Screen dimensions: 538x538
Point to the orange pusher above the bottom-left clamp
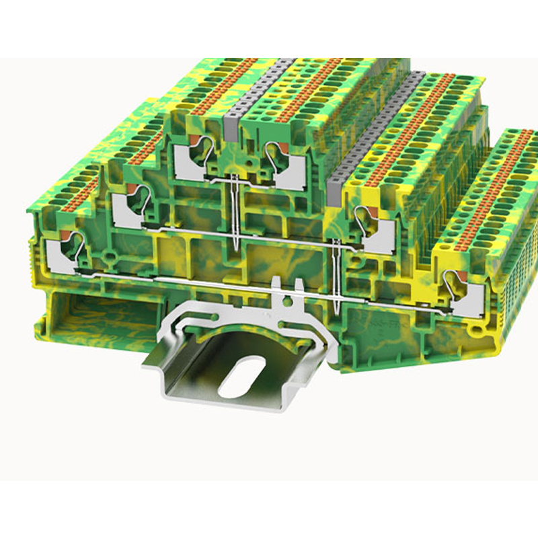(x=66, y=233)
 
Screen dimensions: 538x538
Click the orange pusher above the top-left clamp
(x=192, y=139)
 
